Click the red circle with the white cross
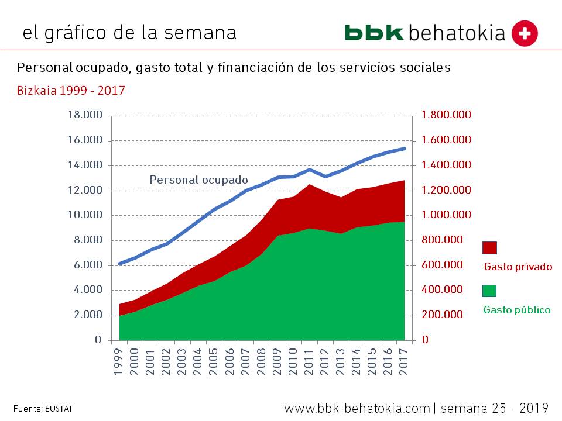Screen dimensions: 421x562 [525, 33]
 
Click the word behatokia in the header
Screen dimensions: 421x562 [457, 33]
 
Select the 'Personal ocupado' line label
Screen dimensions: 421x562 [198, 180]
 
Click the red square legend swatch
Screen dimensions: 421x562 [489, 247]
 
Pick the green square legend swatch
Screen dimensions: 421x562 [489, 291]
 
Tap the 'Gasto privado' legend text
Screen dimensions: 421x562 [518, 267]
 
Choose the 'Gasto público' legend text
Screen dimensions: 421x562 [517, 310]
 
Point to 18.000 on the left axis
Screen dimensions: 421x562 [85, 115]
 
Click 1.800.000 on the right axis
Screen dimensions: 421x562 [446, 115]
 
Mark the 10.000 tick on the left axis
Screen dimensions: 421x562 [85, 215]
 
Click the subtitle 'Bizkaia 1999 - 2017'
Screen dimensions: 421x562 [70, 91]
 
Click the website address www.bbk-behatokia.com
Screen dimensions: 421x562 [357, 408]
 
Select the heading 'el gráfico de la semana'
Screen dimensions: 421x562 [129, 33]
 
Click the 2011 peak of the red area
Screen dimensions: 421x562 [309, 186]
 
